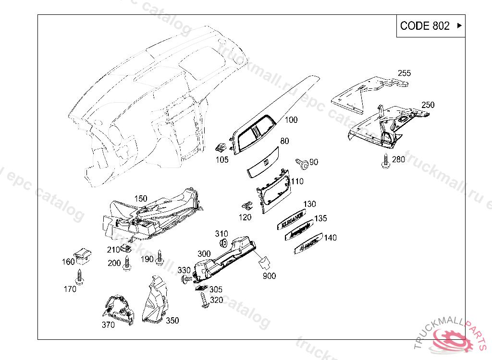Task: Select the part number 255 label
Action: coord(404,73)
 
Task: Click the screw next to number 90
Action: coord(303,163)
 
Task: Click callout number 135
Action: coord(320,219)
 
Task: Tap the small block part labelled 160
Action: coord(83,255)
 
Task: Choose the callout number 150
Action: coord(141,199)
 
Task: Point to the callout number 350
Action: coord(172,321)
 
